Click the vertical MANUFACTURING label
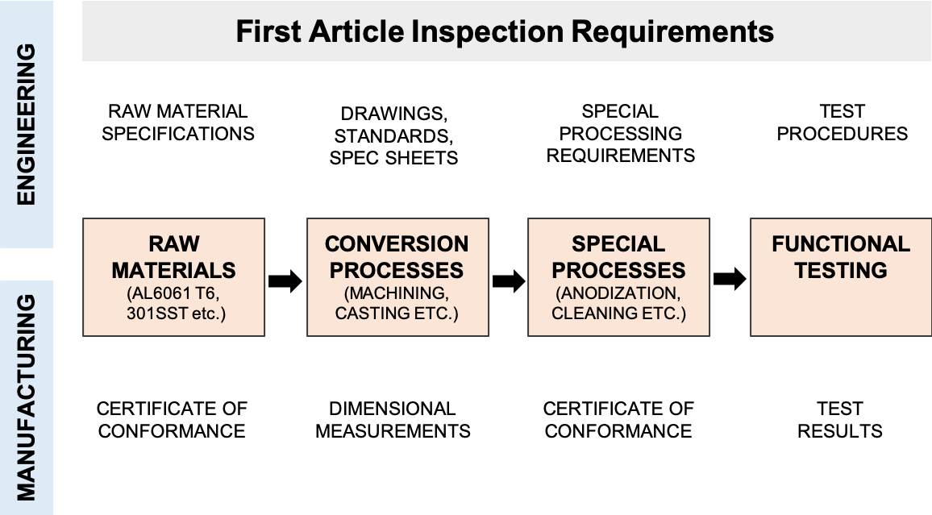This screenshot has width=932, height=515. pos(26,397)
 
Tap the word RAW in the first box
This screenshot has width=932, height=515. pos(173,243)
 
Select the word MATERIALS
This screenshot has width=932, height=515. pos(173,269)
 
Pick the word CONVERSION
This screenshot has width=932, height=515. pos(397,243)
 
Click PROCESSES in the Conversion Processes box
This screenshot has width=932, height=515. pos(397,269)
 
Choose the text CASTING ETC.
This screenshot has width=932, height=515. pos(397,313)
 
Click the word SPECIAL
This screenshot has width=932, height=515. pos(618,243)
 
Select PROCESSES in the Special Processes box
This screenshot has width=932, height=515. pos(618,269)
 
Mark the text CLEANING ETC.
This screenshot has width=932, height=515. pos(618,313)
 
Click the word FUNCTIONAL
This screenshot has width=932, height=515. pos(841,243)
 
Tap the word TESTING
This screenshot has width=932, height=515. pos(841,269)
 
